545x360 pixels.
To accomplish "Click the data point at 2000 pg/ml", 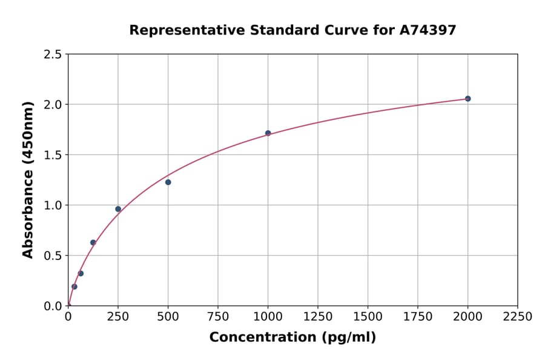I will click(x=467, y=99).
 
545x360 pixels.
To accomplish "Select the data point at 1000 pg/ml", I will click(x=268, y=133).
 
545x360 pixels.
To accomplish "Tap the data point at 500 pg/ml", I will click(x=168, y=182).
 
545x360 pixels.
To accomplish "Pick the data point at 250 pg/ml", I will click(x=118, y=209).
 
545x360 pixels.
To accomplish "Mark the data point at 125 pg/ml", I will click(x=93, y=242).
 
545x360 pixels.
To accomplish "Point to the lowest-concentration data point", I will click(x=74, y=287).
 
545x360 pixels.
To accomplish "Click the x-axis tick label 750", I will click(x=218, y=316).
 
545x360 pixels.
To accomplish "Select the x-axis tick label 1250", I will click(x=318, y=316).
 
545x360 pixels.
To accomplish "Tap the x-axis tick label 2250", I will click(x=518, y=316).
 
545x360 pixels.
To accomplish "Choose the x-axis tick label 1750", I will click(x=418, y=316).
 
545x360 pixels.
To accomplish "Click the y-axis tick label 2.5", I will click(x=53, y=55).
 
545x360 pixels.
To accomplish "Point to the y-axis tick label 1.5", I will click(x=53, y=155).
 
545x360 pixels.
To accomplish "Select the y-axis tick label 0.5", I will click(x=53, y=256).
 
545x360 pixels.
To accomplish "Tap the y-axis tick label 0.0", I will click(x=53, y=306).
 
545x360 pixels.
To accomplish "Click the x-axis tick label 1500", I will click(x=368, y=316).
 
